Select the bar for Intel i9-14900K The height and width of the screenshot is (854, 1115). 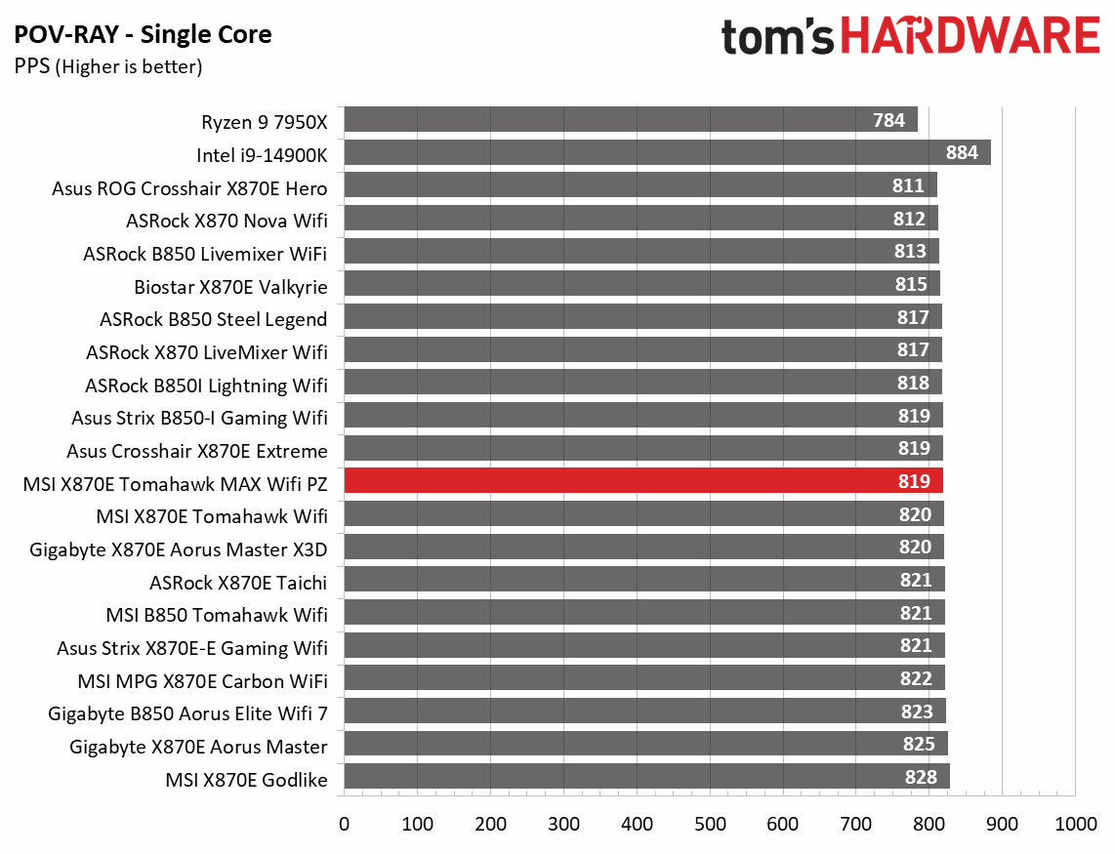[x=667, y=152]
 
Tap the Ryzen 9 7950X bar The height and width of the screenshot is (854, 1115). [x=631, y=120]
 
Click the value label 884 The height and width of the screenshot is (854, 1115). [x=965, y=152]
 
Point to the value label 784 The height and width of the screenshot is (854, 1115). [x=889, y=120]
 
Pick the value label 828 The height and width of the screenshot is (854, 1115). [x=921, y=777]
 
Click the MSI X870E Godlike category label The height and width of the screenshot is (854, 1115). [x=247, y=778]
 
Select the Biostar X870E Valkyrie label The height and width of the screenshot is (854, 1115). [x=230, y=286]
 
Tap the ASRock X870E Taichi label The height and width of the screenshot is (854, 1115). [x=238, y=582]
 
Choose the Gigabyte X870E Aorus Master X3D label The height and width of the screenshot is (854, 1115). [x=179, y=549]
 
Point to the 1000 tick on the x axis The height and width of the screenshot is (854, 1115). [x=1075, y=825]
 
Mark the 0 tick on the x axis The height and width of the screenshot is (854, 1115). [x=344, y=825]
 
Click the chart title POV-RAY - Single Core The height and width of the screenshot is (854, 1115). [x=143, y=36]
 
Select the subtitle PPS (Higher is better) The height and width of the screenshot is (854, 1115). [x=107, y=67]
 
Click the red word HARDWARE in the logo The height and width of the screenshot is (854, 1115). [x=969, y=37]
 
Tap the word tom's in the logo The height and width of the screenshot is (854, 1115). [x=777, y=37]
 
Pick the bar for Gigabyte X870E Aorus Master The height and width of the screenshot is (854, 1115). [x=645, y=745]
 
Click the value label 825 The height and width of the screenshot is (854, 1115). [x=918, y=745]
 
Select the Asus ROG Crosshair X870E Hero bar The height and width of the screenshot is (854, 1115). [x=640, y=185]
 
